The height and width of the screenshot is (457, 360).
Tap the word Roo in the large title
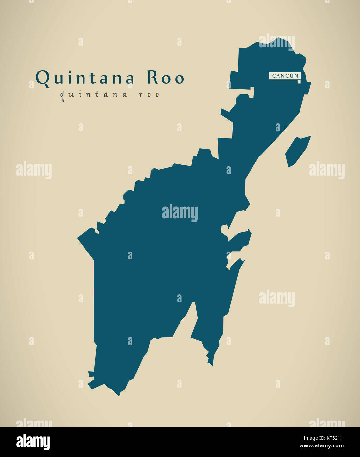165,78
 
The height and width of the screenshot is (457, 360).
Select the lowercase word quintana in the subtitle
94,95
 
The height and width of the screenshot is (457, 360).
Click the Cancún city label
285,76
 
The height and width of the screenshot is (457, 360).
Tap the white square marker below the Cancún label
299,81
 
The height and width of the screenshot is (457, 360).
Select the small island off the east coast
297,151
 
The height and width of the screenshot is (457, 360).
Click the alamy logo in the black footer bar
33,442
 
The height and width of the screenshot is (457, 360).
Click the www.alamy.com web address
321,446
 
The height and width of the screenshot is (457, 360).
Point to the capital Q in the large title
42,78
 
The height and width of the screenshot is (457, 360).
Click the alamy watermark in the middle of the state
180,213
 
